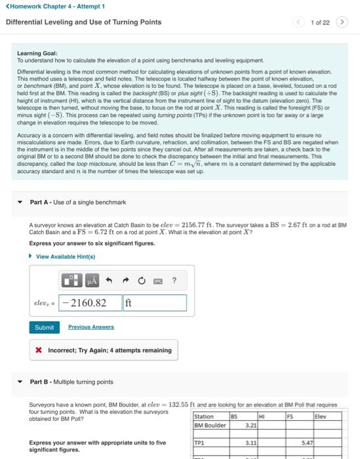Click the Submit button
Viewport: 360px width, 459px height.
[x=45, y=327]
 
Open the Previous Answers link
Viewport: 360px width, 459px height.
[x=90, y=327]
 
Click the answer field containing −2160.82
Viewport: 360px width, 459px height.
[x=90, y=303]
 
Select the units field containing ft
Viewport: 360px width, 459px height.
[x=154, y=303]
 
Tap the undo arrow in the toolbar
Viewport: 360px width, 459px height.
[x=110, y=281]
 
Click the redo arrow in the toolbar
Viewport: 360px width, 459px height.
[x=125, y=281]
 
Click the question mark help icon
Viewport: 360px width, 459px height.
[x=174, y=281]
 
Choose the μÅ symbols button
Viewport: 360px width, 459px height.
[x=91, y=281]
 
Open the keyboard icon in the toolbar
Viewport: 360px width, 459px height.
[x=157, y=281]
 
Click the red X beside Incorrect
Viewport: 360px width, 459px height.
[x=39, y=350]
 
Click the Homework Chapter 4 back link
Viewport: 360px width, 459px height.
[x=55, y=6]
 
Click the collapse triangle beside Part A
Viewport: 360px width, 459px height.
[x=19, y=202]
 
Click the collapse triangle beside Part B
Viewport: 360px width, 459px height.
[x=19, y=382]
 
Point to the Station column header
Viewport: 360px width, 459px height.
[x=204, y=416]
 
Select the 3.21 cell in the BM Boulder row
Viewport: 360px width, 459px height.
[x=250, y=426]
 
